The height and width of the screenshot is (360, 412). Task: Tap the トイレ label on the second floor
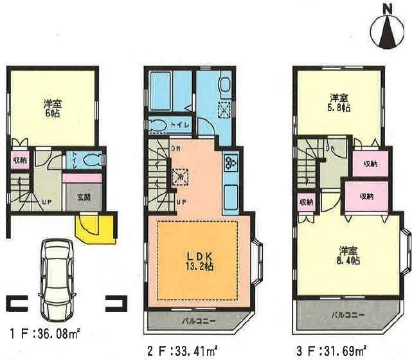(181, 125)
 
